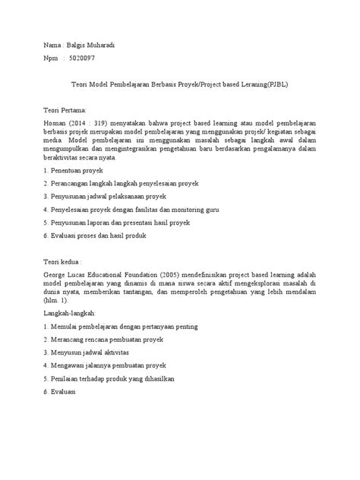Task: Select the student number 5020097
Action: coord(81,58)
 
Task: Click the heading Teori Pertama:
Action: coord(67,110)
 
